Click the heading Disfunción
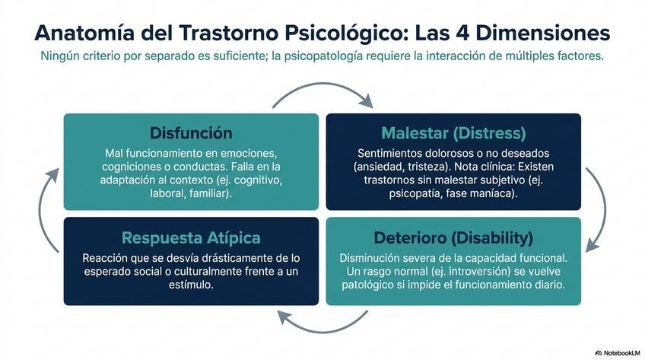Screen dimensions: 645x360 191,132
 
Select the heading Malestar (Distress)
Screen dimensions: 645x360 453,132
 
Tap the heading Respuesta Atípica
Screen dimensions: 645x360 191,237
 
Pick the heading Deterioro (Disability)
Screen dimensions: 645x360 453,237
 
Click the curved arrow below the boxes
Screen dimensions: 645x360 322,324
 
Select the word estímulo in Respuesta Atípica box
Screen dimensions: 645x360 191,285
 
